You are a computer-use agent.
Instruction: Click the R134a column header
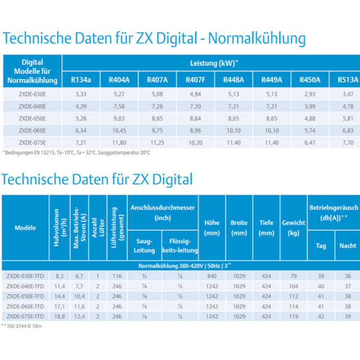(x=81, y=80)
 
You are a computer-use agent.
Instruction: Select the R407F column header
(x=195, y=80)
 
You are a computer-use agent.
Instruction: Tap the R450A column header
(x=310, y=80)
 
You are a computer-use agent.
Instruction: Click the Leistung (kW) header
(x=214, y=63)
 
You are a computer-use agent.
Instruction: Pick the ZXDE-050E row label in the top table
(x=33, y=119)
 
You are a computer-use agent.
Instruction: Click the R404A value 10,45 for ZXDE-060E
(x=119, y=130)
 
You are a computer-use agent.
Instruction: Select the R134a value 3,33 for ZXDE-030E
(x=81, y=94)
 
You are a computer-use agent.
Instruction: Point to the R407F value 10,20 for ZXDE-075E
(x=195, y=143)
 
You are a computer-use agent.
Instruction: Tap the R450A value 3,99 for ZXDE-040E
(x=310, y=106)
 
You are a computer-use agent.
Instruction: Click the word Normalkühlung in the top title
(x=257, y=38)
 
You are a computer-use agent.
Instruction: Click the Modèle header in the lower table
(x=25, y=228)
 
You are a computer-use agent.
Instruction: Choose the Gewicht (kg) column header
(x=294, y=228)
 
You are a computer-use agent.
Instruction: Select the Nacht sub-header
(x=348, y=246)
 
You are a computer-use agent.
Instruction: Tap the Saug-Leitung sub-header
(x=144, y=246)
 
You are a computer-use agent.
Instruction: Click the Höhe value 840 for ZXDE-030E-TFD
(x=212, y=276)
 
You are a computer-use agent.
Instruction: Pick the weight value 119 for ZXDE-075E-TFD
(x=294, y=316)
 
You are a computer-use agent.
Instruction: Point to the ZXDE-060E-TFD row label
(x=25, y=306)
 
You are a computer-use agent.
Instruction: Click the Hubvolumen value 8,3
(x=60, y=276)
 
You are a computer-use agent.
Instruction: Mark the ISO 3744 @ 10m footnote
(x=21, y=326)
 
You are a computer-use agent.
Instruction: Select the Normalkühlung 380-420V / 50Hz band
(x=184, y=266)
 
